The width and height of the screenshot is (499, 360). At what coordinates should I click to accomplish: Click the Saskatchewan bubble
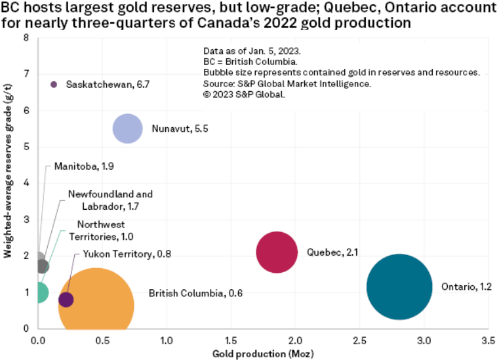54,84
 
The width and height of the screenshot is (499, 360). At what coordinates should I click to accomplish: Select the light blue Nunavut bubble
128,129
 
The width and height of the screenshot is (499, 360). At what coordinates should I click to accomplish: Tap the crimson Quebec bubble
278,252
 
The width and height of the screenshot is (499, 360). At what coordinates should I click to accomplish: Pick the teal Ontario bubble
399,287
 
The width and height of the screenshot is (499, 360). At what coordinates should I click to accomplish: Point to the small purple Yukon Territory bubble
66,300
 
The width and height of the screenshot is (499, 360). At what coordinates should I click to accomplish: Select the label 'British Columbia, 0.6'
195,293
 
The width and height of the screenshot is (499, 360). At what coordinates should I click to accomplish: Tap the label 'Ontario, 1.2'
466,287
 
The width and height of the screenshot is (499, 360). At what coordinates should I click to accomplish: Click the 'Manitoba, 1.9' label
85,167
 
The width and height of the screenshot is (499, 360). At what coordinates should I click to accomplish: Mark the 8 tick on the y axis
26,38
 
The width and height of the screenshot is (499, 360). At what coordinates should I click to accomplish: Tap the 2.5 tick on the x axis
360,341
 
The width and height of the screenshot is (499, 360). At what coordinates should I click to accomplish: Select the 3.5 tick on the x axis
489,341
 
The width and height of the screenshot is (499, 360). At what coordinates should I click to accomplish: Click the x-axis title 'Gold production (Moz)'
264,354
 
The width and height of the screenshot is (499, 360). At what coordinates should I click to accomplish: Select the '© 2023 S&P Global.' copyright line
244,94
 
